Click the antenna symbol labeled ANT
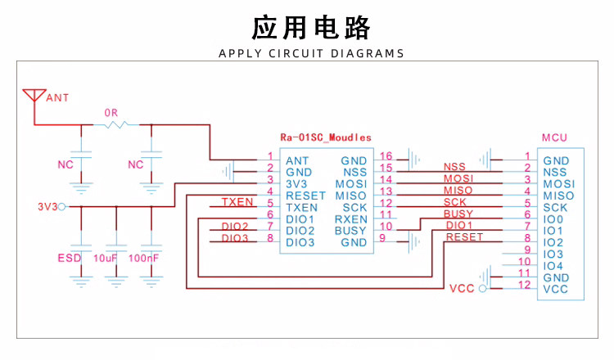coord(34,94)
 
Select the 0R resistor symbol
coord(116,124)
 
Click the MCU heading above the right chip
coord(554,137)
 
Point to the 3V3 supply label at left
coord(47,207)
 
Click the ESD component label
coord(70,259)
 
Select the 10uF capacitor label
coord(107,259)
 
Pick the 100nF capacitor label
coord(145,259)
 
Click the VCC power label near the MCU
coord(462,289)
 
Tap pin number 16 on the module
coord(386,155)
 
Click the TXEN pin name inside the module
coord(301,208)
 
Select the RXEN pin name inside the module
coord(350,219)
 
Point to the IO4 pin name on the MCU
coord(553,266)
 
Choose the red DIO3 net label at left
coord(235,238)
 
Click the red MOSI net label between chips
coord(458,178)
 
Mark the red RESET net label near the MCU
coord(464,236)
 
